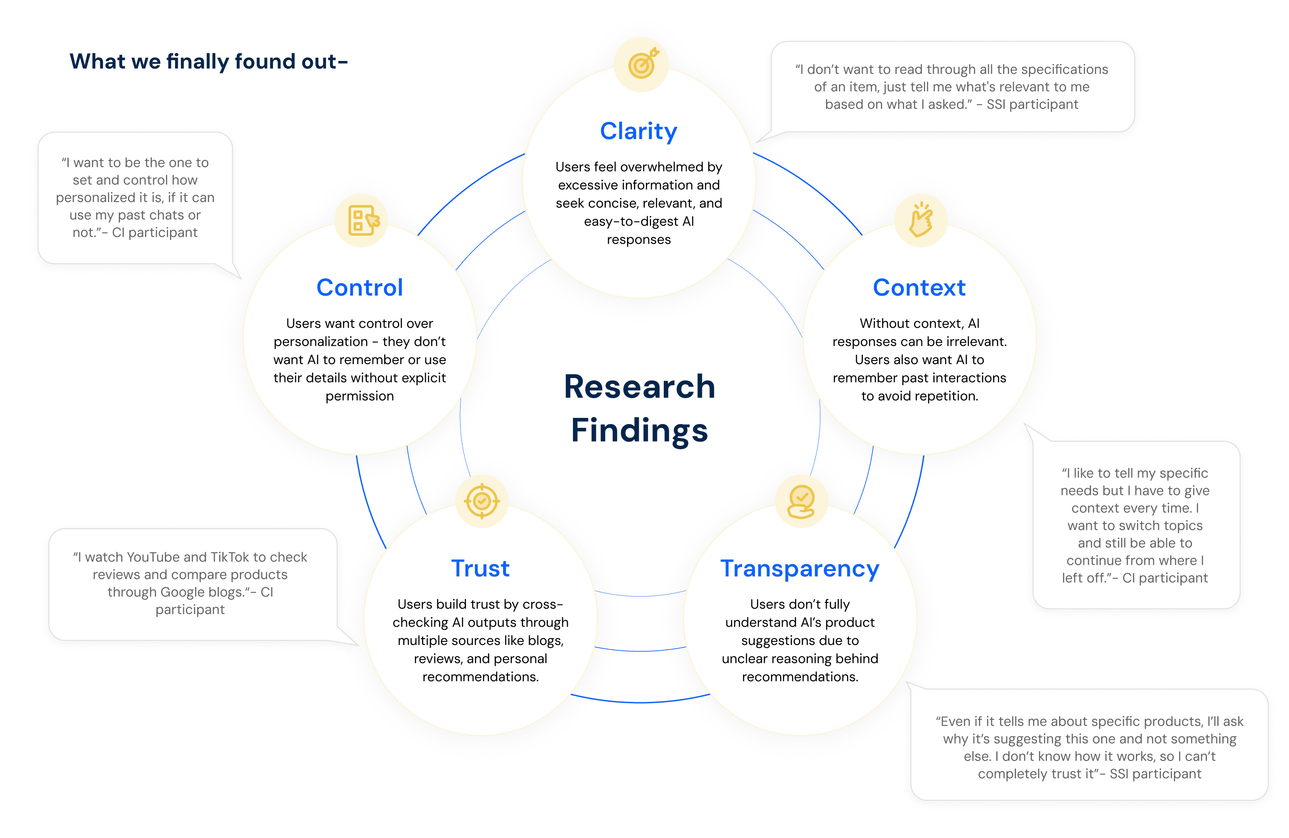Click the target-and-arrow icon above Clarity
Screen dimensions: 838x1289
(x=642, y=64)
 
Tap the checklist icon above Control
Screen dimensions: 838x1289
(x=362, y=220)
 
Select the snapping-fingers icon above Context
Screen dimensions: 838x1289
(x=921, y=220)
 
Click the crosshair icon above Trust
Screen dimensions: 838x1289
(x=482, y=501)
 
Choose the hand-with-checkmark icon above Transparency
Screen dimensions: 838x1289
(x=802, y=501)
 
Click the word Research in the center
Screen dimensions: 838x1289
(x=639, y=387)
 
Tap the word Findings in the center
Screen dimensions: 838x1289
(x=639, y=430)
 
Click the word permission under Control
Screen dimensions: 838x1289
(x=359, y=396)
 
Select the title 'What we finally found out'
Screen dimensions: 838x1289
(x=208, y=61)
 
